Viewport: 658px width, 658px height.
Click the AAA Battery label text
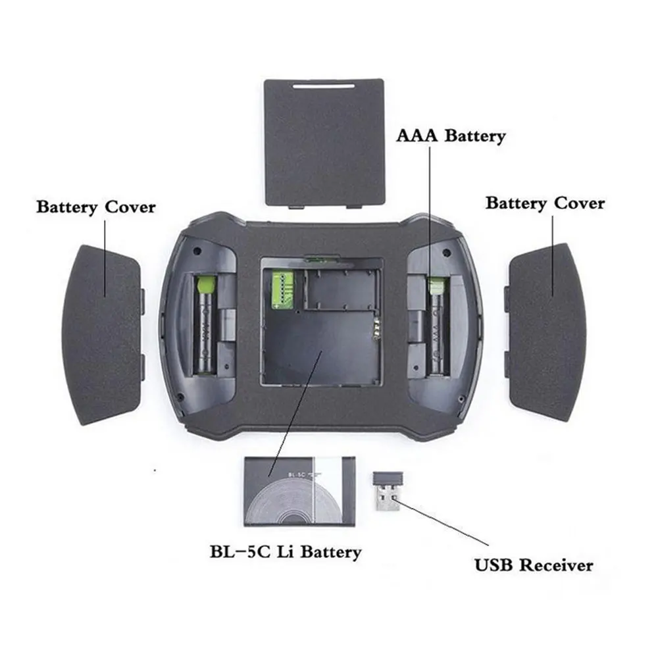coord(451,136)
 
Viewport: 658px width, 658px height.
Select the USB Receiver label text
coord(534,565)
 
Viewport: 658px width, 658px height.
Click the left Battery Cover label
coord(96,207)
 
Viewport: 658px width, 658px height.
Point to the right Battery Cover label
coord(545,203)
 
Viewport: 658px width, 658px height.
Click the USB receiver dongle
coord(388,491)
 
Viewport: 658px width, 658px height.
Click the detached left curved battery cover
coord(105,332)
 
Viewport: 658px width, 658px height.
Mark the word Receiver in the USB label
coord(559,565)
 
